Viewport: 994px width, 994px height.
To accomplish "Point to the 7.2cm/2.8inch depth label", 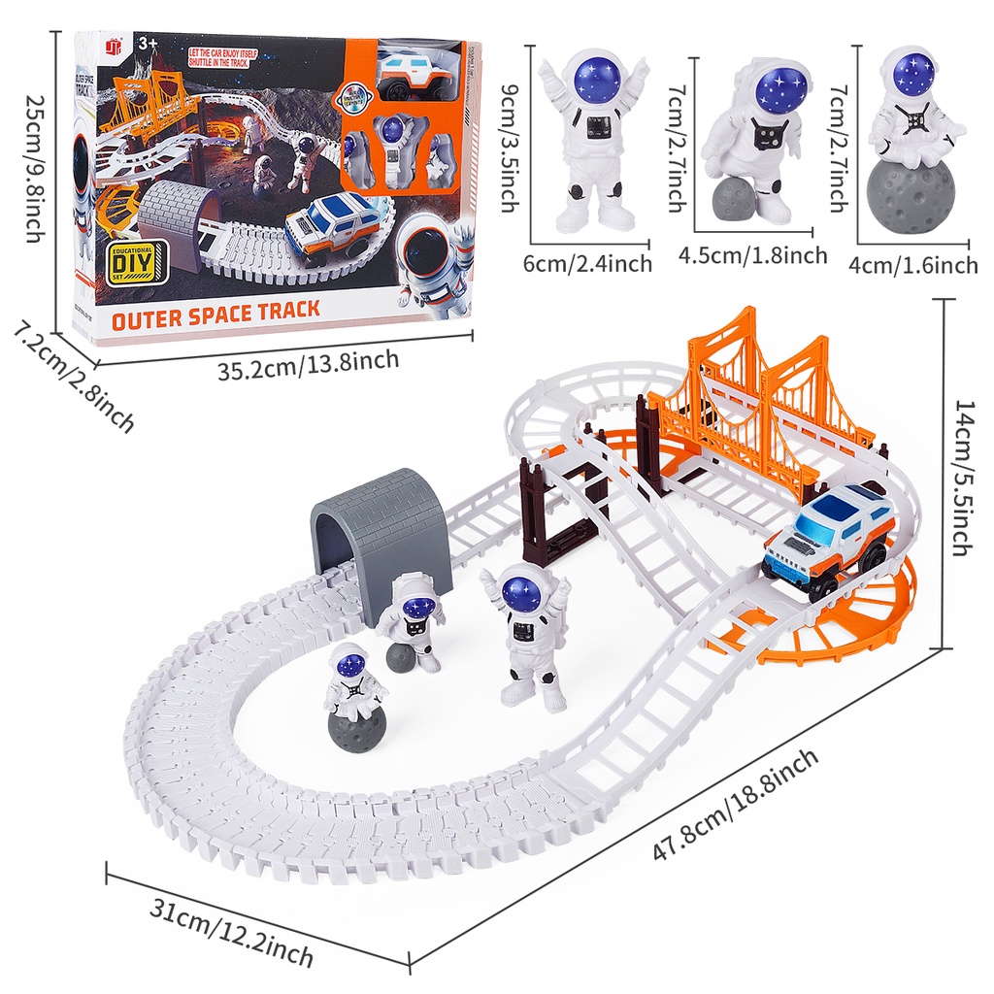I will (x=73, y=378).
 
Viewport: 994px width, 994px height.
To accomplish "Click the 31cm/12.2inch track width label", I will (x=232, y=931).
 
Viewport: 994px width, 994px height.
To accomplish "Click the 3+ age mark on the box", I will (x=148, y=44).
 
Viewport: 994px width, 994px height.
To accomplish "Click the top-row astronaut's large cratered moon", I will (x=910, y=195).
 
